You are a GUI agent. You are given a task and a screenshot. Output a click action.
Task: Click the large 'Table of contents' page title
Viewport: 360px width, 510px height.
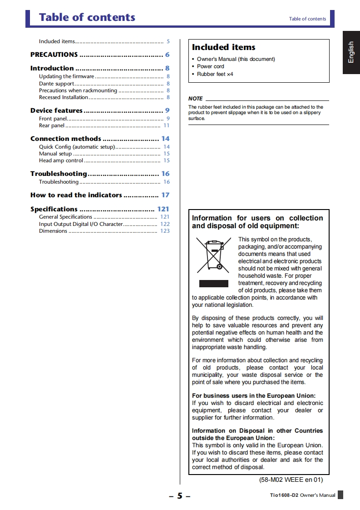87,17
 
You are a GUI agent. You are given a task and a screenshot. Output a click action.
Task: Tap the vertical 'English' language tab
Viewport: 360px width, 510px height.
351,52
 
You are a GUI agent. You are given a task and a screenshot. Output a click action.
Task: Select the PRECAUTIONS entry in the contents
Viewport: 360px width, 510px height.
54,55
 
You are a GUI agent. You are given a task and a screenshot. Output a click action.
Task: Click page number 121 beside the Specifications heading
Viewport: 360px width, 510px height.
163,209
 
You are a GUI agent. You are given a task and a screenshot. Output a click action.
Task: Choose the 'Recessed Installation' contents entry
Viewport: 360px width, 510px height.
64,97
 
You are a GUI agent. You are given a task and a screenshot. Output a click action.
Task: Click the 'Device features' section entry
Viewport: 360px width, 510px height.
56,110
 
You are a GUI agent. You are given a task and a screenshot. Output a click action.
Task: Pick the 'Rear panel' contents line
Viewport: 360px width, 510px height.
52,125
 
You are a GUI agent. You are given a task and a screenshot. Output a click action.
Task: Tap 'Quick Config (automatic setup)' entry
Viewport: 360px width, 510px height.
77,147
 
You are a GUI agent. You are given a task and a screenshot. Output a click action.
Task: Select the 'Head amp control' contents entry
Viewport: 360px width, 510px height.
61,160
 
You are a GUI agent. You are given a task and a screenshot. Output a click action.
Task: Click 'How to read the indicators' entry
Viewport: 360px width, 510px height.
76,195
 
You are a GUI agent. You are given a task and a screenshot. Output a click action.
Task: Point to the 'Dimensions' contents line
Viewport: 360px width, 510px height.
53,231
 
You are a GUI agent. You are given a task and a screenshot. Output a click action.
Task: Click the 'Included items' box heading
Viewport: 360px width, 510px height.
223,47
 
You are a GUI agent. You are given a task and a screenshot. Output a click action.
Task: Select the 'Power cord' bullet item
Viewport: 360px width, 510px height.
211,66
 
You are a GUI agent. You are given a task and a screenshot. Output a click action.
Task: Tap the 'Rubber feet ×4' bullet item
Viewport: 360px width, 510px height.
215,74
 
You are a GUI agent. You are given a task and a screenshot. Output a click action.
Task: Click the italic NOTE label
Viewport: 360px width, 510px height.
195,99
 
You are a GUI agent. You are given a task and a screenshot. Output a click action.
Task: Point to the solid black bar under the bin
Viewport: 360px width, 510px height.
213,284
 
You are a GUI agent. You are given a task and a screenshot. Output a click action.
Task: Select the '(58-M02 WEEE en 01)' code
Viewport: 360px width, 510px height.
287,480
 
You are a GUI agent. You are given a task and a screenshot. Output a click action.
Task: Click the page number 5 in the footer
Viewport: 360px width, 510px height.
179,496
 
